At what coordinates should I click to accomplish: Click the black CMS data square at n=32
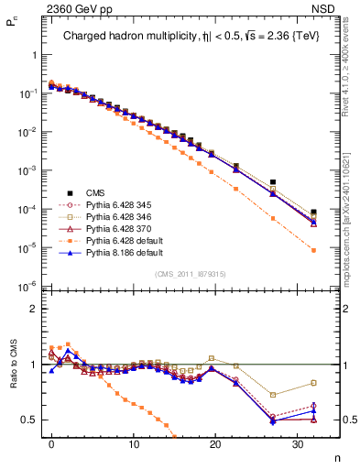pyautogui.click(x=313, y=212)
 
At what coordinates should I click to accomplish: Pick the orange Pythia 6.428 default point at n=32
pyautogui.click(x=313, y=250)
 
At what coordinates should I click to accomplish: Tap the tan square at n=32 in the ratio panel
pyautogui.click(x=313, y=383)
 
